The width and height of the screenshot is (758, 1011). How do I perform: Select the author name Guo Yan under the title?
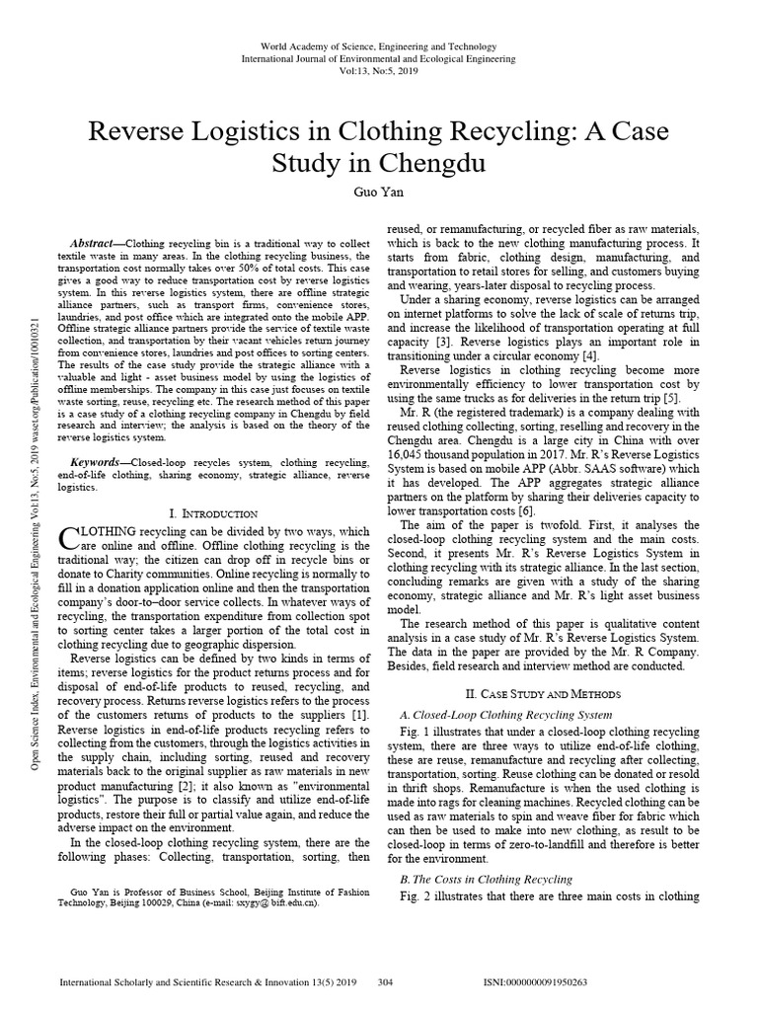point(378,194)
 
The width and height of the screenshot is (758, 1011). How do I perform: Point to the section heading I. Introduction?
point(214,513)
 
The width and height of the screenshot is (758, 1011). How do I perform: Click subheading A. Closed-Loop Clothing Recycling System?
point(506,714)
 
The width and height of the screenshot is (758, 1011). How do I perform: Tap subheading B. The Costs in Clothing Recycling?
point(486,879)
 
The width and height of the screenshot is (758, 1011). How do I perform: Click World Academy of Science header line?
point(378,47)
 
